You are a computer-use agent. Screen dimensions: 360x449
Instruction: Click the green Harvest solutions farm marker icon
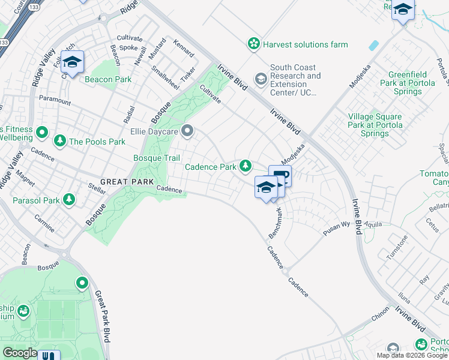pos(254,44)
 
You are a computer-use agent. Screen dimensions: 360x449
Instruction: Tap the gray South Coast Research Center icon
pos(261,79)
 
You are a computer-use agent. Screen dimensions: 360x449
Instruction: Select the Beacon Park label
pos(107,79)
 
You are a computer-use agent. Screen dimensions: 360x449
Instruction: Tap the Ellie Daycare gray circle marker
pos(188,130)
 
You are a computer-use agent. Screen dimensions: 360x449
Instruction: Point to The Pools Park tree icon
pos(60,141)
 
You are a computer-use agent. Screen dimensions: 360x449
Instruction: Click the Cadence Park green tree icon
pos(246,166)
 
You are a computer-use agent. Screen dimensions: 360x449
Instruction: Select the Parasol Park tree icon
pos(70,199)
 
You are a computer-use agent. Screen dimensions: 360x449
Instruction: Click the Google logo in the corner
pos(19,353)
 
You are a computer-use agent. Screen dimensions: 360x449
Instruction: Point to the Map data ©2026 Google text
pos(412,355)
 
